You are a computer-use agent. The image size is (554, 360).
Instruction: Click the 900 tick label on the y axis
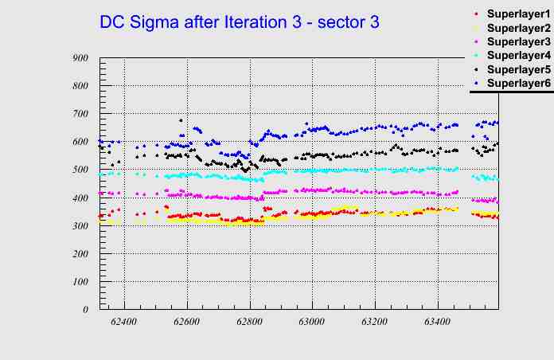[80, 58]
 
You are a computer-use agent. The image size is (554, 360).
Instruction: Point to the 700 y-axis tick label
[80, 114]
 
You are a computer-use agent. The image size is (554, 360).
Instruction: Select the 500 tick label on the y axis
[80, 170]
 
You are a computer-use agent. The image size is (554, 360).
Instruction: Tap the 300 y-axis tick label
[80, 226]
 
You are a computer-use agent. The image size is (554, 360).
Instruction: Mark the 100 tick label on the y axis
[80, 282]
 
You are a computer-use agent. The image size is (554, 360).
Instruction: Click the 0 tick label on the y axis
[86, 310]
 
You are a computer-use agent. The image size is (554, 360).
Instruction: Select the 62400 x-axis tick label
[124, 322]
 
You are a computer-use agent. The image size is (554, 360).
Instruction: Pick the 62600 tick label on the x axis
[187, 322]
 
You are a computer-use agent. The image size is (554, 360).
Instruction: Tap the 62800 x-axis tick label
[249, 322]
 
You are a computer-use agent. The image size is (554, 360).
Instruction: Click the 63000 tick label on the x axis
[312, 322]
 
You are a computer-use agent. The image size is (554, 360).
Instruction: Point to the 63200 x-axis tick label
[374, 322]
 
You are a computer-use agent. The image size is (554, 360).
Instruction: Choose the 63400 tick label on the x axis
[437, 322]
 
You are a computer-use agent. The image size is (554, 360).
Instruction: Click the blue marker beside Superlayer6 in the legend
[476, 83]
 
